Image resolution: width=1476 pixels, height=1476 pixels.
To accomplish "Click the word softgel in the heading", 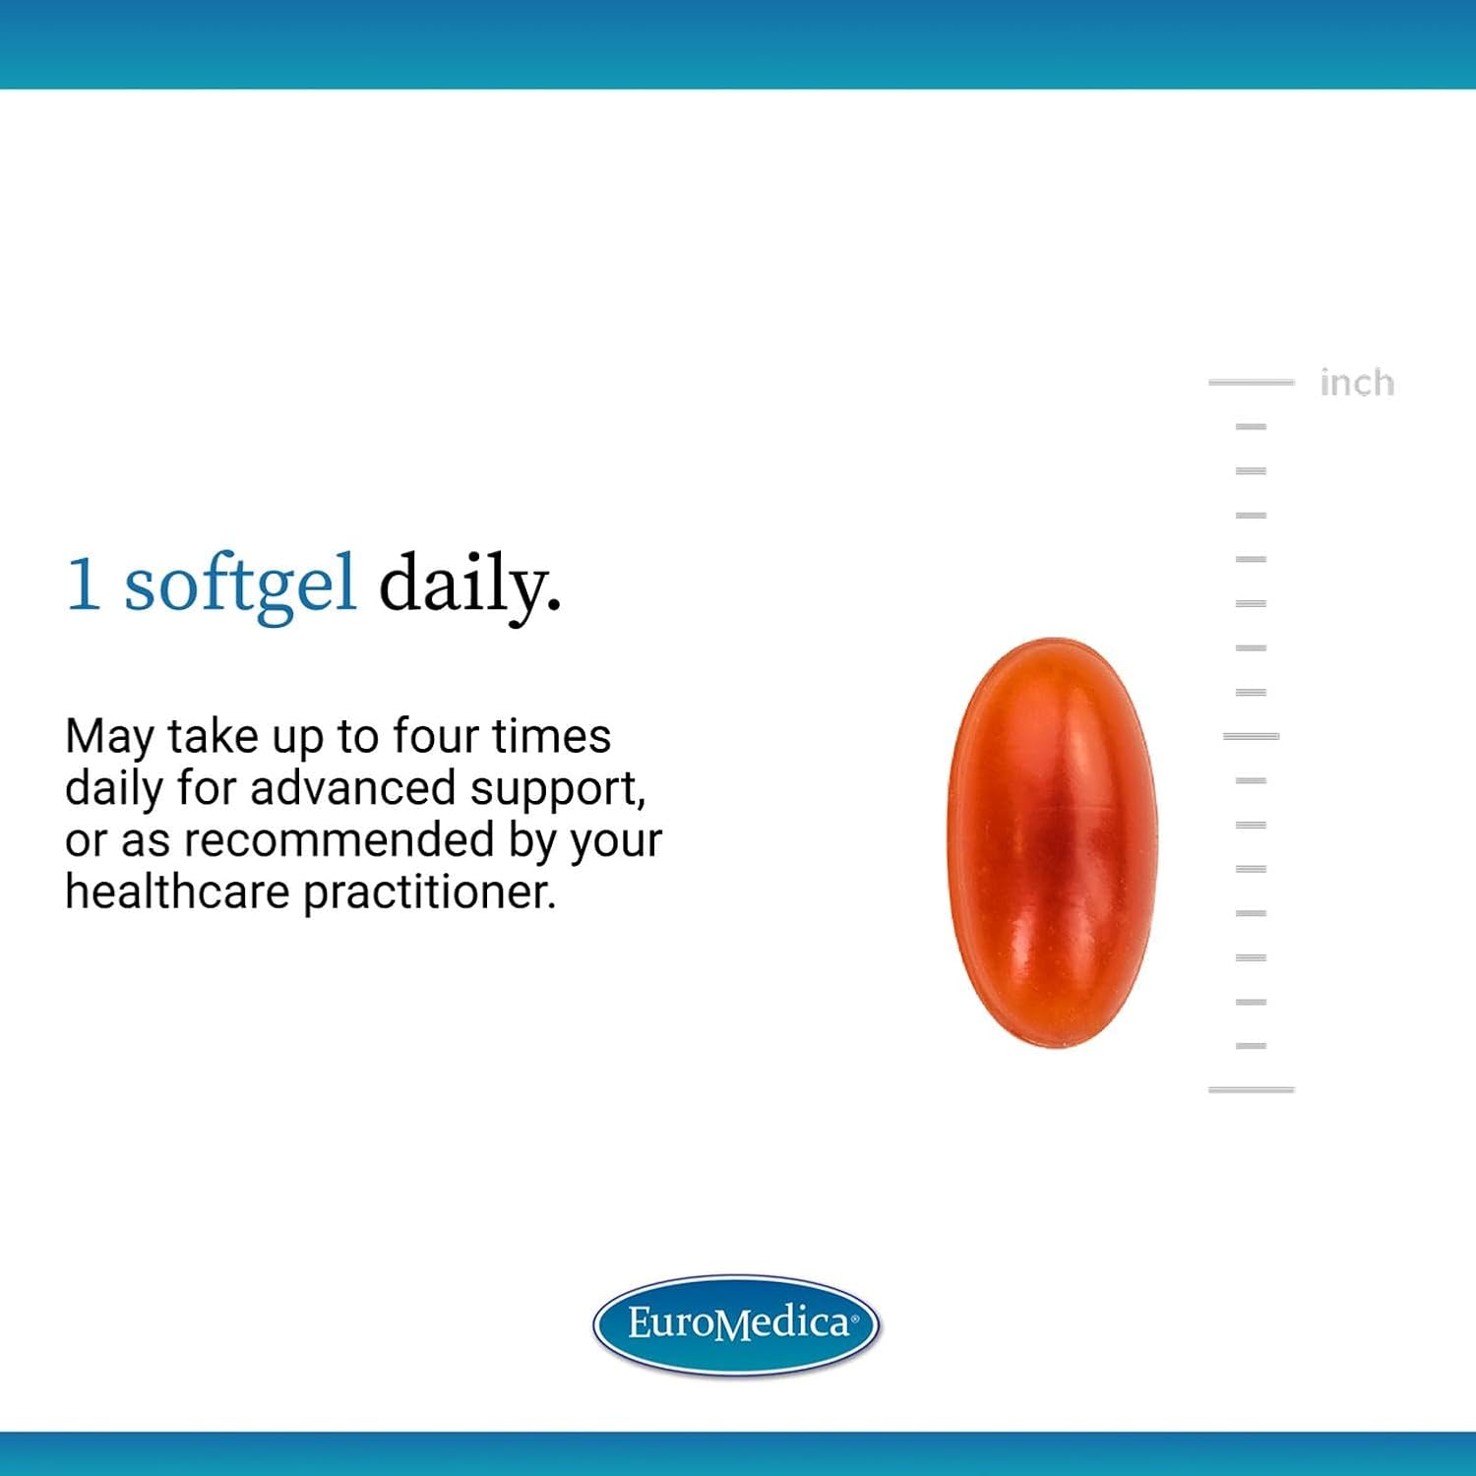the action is tap(239, 586).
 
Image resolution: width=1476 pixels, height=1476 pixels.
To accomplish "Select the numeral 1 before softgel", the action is tap(83, 584).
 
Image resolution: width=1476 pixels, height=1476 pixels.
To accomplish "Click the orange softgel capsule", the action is tap(1053, 843).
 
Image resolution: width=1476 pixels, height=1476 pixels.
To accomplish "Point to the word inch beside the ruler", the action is tap(1357, 382).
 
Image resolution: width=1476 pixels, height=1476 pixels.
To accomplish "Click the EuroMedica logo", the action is tap(736, 1323).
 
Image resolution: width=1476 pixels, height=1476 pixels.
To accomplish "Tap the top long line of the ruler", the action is tap(1251, 382).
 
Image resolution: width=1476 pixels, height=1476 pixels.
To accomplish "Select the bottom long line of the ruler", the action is tap(1251, 1089).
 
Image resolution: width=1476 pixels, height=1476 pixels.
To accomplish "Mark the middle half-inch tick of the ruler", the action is tap(1251, 736).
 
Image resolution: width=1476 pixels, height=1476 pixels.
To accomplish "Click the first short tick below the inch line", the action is tap(1251, 426).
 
